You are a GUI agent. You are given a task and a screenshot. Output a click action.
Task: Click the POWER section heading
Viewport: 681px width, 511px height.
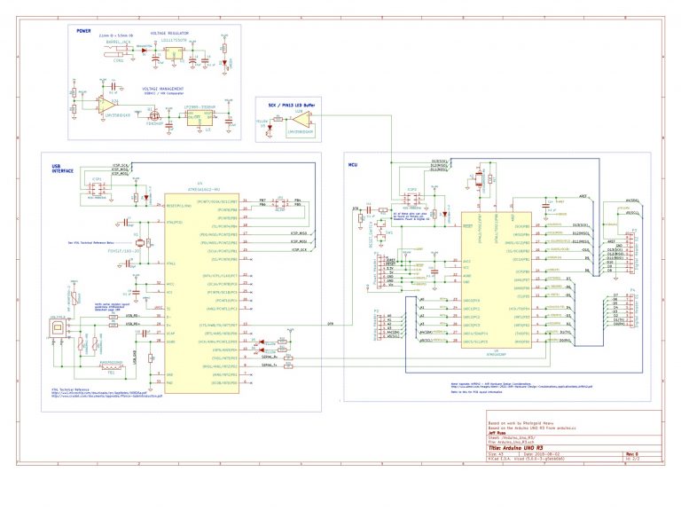[x=83, y=29]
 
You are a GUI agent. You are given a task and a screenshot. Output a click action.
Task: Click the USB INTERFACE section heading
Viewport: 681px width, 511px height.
[x=63, y=169]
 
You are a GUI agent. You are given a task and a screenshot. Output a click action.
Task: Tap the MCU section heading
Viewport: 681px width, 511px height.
[x=352, y=164]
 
